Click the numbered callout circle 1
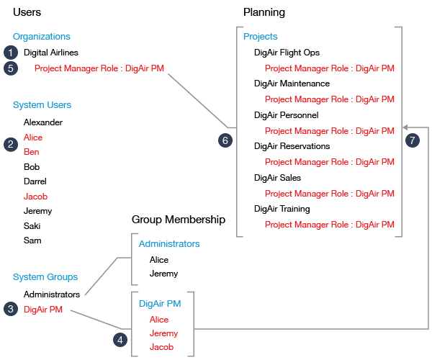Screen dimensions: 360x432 coord(11,53)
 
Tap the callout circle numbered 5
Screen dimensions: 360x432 coord(11,68)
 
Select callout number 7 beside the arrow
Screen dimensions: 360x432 coord(412,140)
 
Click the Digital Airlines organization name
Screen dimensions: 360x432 coord(50,53)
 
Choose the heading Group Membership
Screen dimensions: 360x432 coord(179,220)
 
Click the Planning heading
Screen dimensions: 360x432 coord(264,12)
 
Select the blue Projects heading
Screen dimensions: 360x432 coord(260,37)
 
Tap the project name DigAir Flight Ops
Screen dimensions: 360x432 coord(287,53)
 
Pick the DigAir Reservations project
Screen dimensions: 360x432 coord(292,146)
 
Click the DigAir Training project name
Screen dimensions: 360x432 coord(282,209)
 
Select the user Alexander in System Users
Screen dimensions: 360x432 coord(42,122)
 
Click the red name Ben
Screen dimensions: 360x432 coord(31,152)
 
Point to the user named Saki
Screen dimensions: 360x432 coord(32,226)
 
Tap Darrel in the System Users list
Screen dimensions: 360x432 coord(35,181)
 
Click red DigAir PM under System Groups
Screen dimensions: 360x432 coord(42,310)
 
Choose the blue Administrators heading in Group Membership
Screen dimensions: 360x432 coord(169,244)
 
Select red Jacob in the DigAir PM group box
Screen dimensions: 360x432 coord(161,347)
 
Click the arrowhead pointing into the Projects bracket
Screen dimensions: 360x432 coord(405,124)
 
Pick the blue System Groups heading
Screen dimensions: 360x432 coord(45,277)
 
